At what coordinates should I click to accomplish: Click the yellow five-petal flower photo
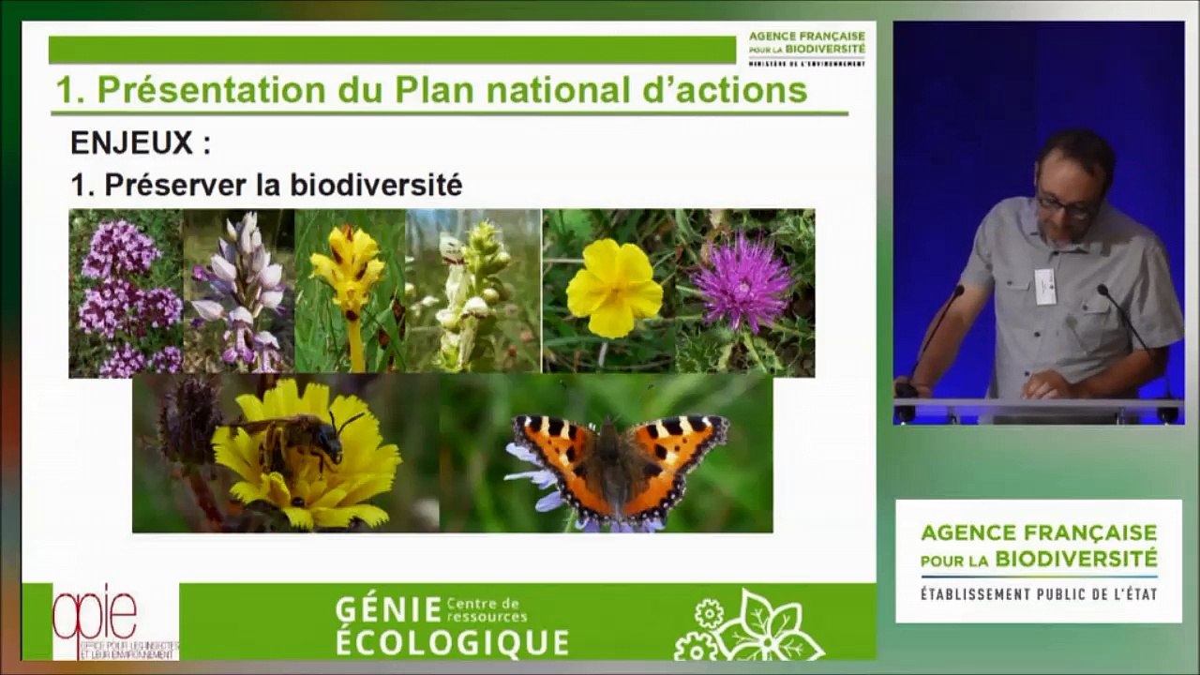coord(614,288)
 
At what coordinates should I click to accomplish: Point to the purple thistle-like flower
coord(743,282)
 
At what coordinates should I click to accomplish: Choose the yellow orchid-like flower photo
coord(349,281)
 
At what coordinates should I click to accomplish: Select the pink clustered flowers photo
coord(125,292)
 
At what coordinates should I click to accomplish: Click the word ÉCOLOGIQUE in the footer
coord(452,643)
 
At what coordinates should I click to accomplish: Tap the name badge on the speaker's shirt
coord(1044,286)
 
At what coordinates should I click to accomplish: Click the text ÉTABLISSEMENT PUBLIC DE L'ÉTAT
coord(1039,594)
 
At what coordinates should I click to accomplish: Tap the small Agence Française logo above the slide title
coord(806,48)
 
